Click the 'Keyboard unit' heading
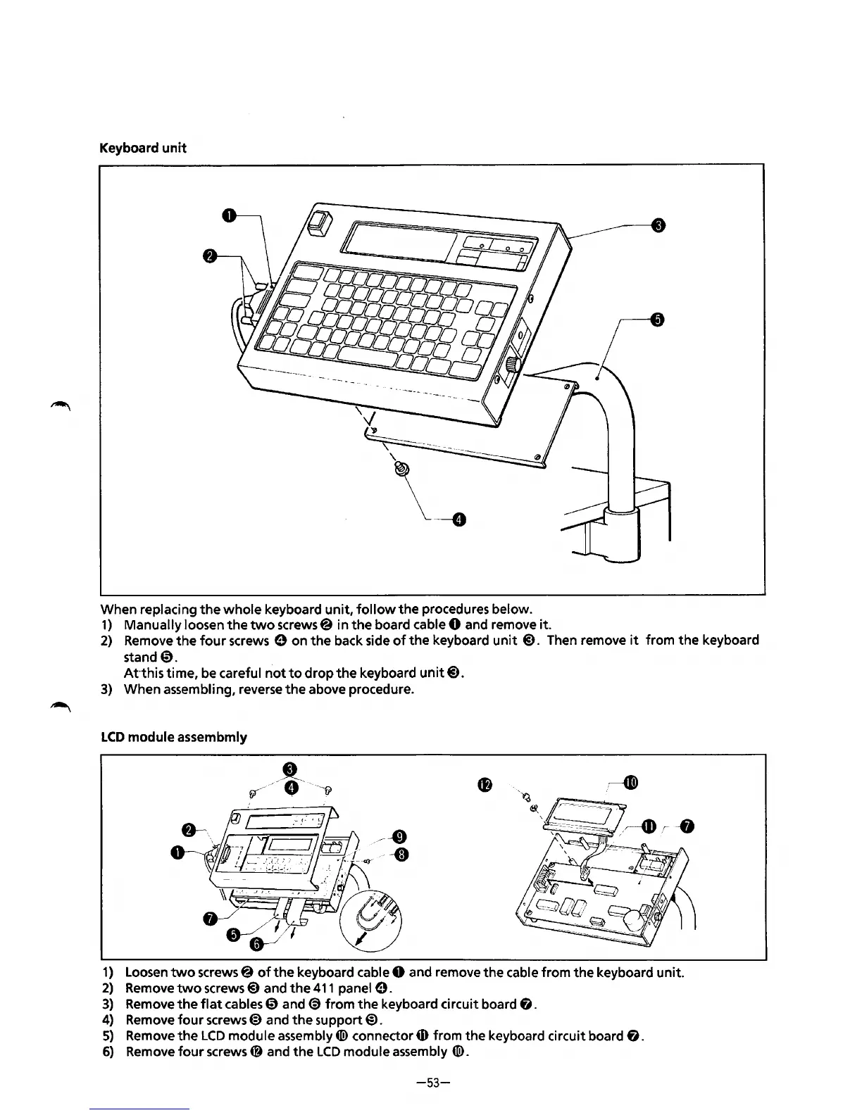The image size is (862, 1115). point(143,149)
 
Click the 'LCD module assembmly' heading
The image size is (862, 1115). point(174,737)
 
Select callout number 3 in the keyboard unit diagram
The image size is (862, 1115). point(657,225)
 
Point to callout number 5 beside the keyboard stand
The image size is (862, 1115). point(656,320)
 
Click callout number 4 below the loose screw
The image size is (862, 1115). point(458,520)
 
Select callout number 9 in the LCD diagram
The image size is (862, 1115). point(399,837)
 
